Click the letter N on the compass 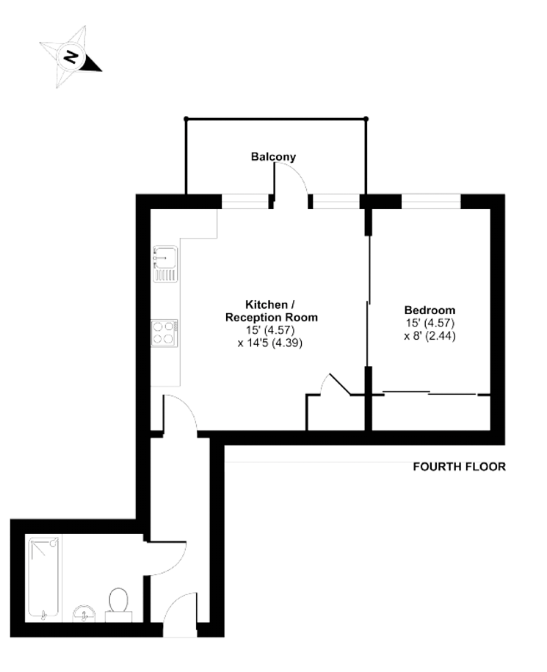coord(70,56)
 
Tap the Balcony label coord(273,157)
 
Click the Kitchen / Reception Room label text coord(271,311)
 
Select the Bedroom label coord(430,310)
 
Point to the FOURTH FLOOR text coord(459,467)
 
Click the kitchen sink coord(165,263)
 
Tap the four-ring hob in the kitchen coord(164,332)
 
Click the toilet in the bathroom coord(118,605)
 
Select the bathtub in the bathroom coord(43,578)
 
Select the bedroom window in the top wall coord(431,202)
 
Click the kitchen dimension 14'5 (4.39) coord(270,343)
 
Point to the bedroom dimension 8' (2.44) coord(430,335)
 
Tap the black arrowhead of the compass coord(91,63)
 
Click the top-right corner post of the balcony coord(366,119)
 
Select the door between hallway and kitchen coord(180,413)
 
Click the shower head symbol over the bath coord(53,543)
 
